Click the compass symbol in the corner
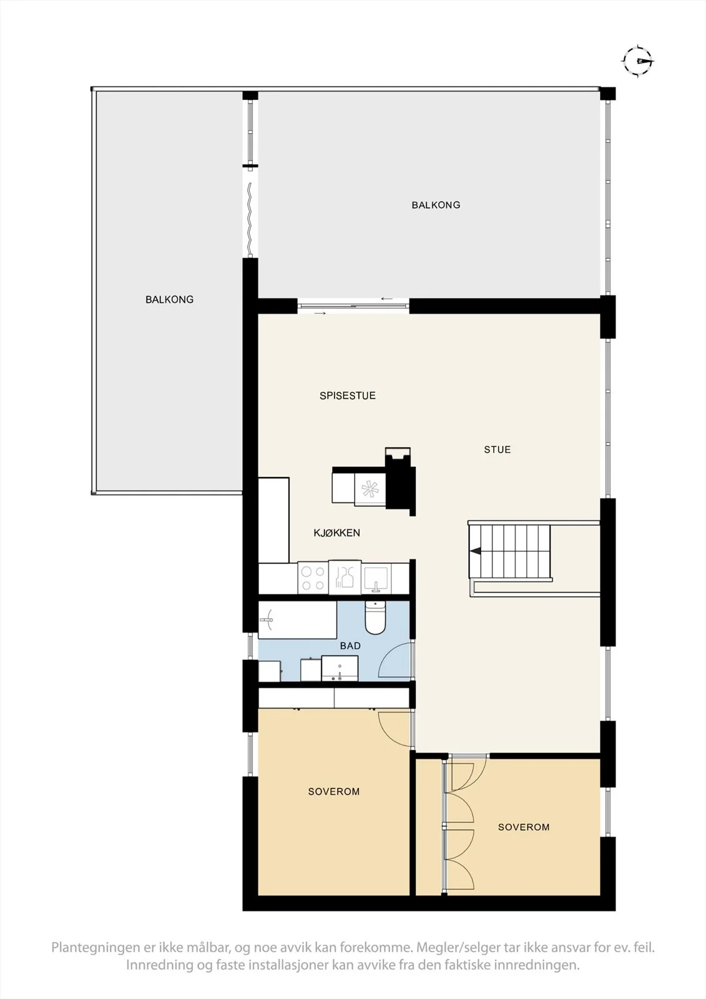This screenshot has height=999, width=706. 638,61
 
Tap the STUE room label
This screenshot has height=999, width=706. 498,450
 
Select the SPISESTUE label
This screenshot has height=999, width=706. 348,396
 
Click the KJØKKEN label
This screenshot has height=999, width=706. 336,533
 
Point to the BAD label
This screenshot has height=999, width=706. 350,646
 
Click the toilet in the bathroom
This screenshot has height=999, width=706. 375,618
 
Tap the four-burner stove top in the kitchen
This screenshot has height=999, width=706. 313,578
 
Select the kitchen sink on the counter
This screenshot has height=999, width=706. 376,579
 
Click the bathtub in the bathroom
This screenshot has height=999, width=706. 298,619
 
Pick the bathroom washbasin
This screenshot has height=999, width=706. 340,669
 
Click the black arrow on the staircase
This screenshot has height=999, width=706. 475,551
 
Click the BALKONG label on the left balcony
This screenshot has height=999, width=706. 169,300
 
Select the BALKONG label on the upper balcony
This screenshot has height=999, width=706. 436,205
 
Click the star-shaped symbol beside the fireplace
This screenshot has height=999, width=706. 370,490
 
